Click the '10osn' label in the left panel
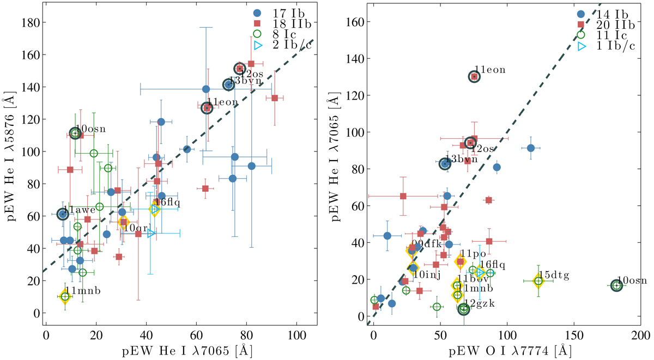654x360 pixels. click(x=91, y=129)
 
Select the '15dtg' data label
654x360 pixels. click(x=554, y=276)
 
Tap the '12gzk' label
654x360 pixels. click(x=480, y=304)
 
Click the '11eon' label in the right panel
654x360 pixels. click(x=491, y=70)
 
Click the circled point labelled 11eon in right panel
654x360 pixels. click(x=474, y=77)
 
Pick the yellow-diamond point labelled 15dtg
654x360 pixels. click(x=538, y=281)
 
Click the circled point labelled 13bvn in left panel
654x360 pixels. click(x=229, y=84)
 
